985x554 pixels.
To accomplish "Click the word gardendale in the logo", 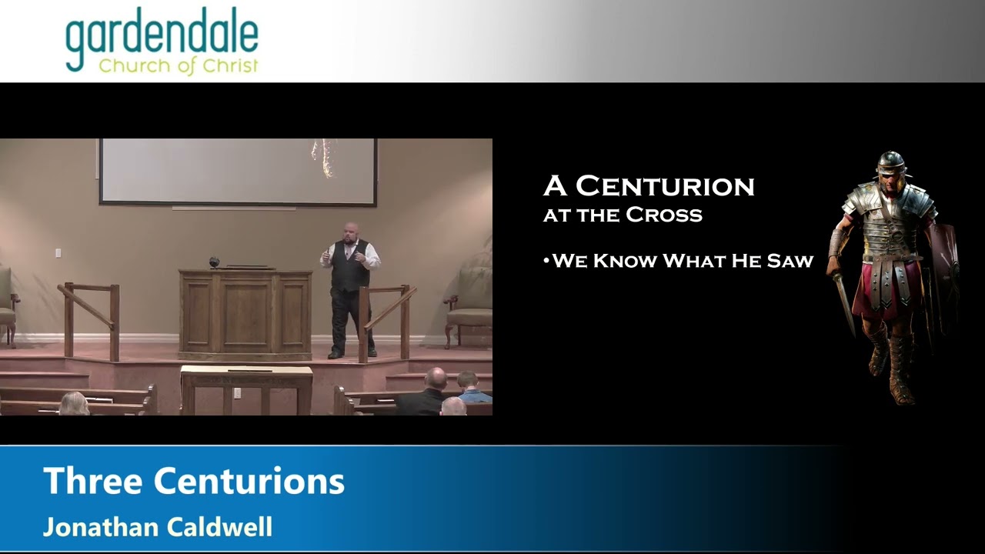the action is (x=162, y=39).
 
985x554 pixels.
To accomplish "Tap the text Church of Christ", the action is (x=178, y=66).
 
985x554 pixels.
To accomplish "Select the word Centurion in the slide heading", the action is (x=665, y=186).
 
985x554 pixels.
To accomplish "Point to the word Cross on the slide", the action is (x=664, y=215).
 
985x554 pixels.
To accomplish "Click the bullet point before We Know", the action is (x=546, y=261).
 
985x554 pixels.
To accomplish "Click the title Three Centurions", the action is (x=194, y=481).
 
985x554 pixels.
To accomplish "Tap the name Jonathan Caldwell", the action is (x=158, y=527).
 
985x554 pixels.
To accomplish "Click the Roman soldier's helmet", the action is (x=890, y=164).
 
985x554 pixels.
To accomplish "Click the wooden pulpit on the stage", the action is (x=245, y=315).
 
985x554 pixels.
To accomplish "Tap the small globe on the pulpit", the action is (x=214, y=262).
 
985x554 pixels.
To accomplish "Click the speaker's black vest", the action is (x=350, y=266).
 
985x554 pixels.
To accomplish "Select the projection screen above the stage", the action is (x=238, y=172).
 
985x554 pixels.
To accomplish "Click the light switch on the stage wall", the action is (x=58, y=253).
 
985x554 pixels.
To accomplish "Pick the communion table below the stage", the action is (x=247, y=390).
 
